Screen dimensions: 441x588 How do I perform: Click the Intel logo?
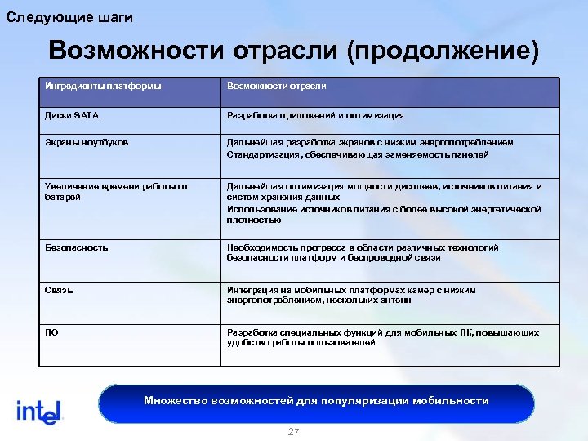click(39, 411)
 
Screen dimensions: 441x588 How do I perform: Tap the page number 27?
click(294, 432)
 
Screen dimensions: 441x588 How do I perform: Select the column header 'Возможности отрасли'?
click(276, 86)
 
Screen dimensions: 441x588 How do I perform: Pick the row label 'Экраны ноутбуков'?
click(87, 143)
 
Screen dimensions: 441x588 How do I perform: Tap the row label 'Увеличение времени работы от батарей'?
click(116, 192)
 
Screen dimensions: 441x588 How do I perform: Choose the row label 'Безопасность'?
click(77, 247)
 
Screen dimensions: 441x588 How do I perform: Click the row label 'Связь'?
click(60, 290)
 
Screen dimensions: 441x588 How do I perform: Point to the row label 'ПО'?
click(52, 332)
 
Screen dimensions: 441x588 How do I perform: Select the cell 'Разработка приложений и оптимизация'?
click(315, 115)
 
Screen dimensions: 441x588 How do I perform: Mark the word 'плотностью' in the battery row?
click(254, 220)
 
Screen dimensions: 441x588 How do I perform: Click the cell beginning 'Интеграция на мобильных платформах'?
click(351, 295)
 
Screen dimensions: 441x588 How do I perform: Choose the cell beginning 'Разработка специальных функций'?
click(382, 337)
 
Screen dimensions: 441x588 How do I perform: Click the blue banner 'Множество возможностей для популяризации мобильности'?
click(316, 401)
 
